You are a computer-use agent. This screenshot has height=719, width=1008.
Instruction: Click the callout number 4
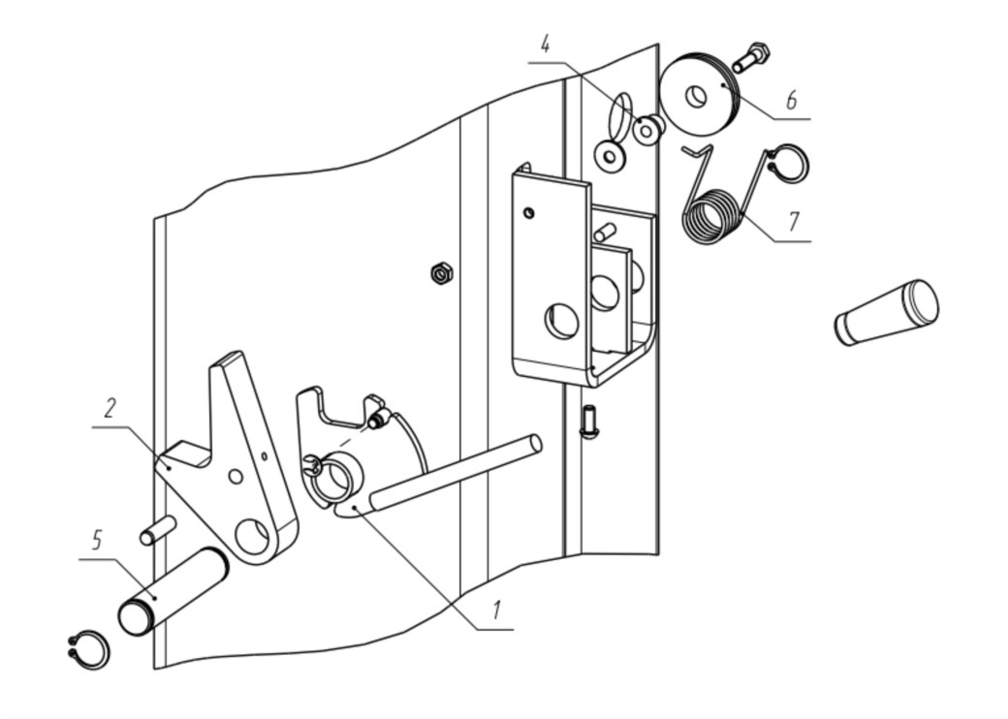click(545, 45)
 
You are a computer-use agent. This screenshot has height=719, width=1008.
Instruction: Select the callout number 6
click(791, 100)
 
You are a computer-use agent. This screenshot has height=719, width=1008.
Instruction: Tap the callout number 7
click(794, 220)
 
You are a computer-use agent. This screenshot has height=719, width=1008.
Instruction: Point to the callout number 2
click(110, 408)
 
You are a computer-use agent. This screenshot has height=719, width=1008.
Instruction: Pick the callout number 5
click(96, 540)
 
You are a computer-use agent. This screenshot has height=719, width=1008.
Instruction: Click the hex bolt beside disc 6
click(750, 58)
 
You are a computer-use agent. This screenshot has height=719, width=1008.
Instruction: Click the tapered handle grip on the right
click(887, 313)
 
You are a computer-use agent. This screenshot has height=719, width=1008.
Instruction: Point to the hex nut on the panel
click(441, 273)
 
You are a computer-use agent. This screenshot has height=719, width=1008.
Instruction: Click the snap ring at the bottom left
click(89, 651)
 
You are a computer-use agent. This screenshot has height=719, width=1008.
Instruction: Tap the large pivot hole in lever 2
click(252, 536)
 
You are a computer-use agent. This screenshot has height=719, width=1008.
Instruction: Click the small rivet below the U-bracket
click(588, 422)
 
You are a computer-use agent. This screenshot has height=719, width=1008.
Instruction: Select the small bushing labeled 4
click(648, 130)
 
